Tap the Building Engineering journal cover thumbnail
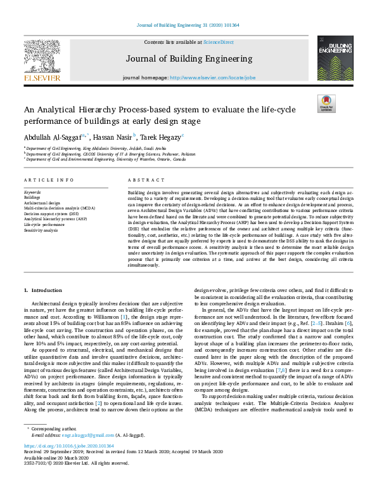point(330,58)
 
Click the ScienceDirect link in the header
point(217,42)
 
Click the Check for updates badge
point(326,103)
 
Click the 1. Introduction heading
point(46,290)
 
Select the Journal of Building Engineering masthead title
point(188,59)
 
